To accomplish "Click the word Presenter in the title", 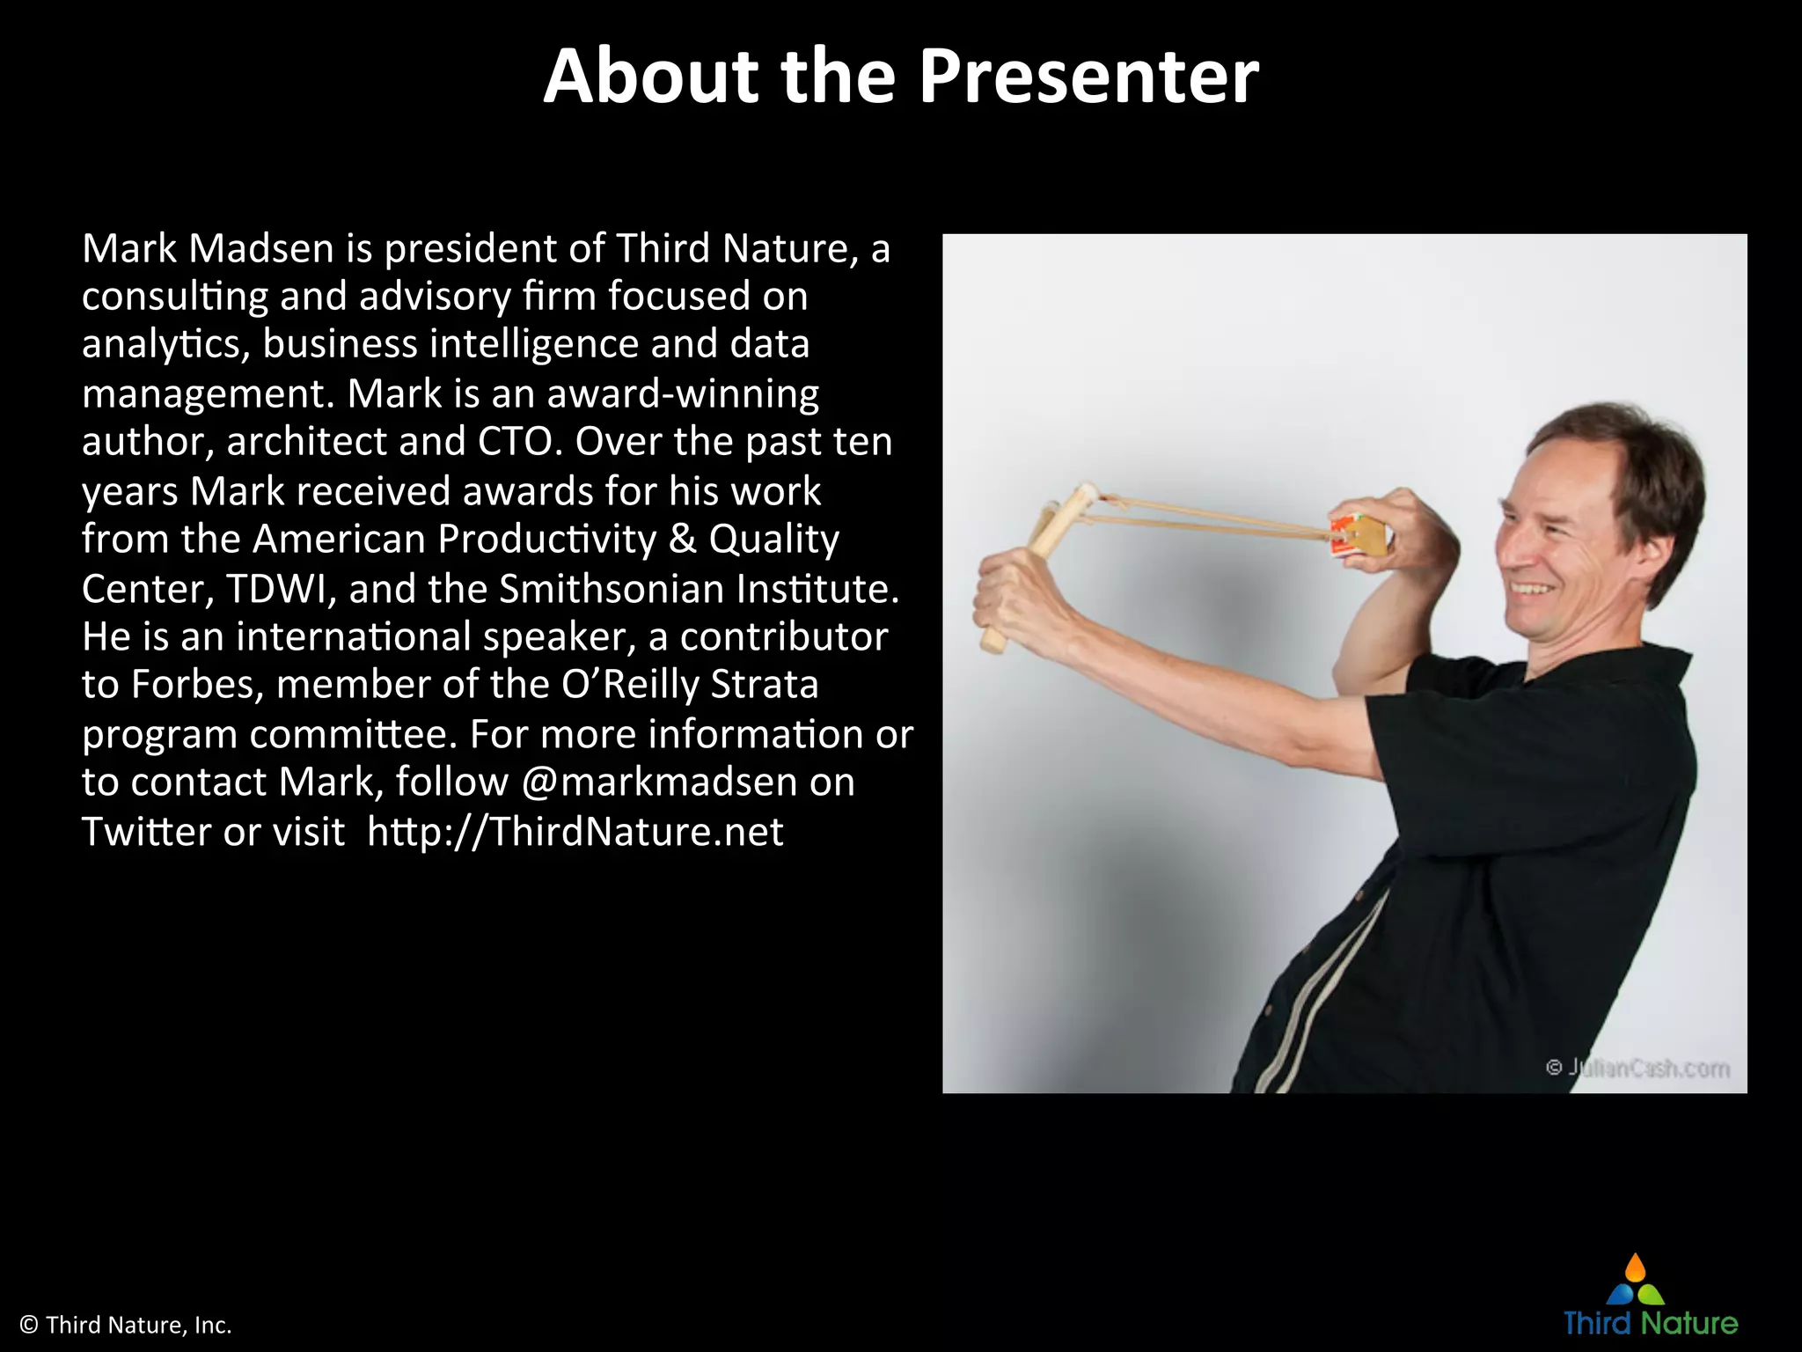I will (x=1088, y=77).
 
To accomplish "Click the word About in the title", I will (x=650, y=77).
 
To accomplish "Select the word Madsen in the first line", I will (x=260, y=249).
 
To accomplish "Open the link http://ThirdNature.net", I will (x=575, y=832).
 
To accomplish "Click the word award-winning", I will (x=683, y=393).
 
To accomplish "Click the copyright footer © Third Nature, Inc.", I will (x=126, y=1325).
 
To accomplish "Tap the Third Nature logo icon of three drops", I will (x=1635, y=1282).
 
